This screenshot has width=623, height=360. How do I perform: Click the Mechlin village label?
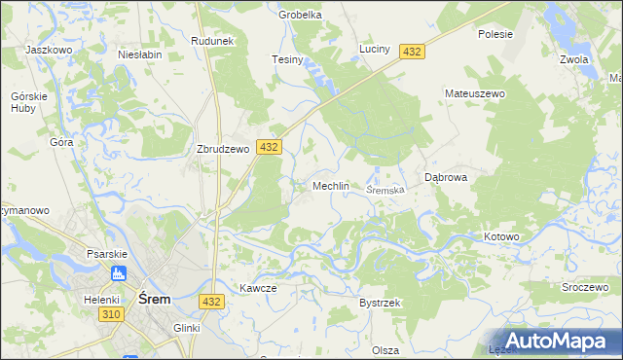coord(330,186)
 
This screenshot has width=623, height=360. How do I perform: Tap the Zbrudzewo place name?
coord(225,150)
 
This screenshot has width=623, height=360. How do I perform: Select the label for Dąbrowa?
coord(447,178)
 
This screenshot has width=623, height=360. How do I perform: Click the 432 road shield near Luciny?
coord(411,52)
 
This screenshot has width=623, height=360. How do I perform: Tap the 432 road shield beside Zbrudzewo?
coord(270,147)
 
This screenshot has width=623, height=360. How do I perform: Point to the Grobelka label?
coord(300,15)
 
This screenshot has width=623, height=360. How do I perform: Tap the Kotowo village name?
coord(502,236)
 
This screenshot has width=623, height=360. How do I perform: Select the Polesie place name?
coord(495,33)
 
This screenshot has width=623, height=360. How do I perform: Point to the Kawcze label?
coord(258,288)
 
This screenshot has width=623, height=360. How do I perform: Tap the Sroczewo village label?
coord(584,289)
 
